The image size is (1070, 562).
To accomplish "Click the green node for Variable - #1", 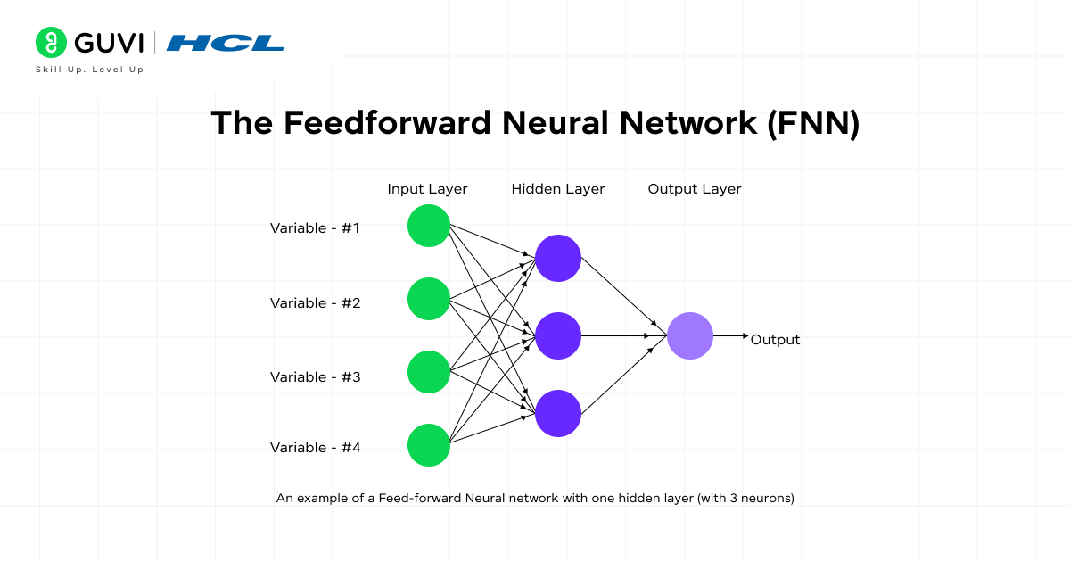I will coord(429,226).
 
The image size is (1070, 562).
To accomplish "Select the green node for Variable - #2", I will coord(429,299).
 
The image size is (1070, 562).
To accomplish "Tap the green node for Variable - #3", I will coord(429,372).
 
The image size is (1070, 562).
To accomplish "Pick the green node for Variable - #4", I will coord(429,445).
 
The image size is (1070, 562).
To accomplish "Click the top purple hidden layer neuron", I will coord(558,258).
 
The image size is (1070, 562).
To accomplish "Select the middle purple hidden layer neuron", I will coord(558,335).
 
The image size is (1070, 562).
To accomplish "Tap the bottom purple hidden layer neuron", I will coord(558,413).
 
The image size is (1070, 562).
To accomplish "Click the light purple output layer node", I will coord(690,336).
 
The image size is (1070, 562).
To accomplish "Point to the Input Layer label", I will coord(427,189).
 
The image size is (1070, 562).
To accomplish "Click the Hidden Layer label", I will coord(558,189).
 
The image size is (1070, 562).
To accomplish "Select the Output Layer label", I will coord(695,189).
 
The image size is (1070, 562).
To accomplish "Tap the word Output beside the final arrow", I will coord(775,340).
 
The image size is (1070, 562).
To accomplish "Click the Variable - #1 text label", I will coord(316,228).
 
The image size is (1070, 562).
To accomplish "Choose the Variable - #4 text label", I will coord(316,448).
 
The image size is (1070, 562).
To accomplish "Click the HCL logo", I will coord(226,43).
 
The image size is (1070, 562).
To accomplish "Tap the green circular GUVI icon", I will coord(52,43).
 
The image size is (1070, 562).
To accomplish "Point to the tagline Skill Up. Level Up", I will coord(89,70).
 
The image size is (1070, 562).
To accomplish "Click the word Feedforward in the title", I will coord(387,123).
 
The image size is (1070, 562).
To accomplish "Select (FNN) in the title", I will coord(813,123).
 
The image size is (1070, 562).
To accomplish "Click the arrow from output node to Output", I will coord(731,336).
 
